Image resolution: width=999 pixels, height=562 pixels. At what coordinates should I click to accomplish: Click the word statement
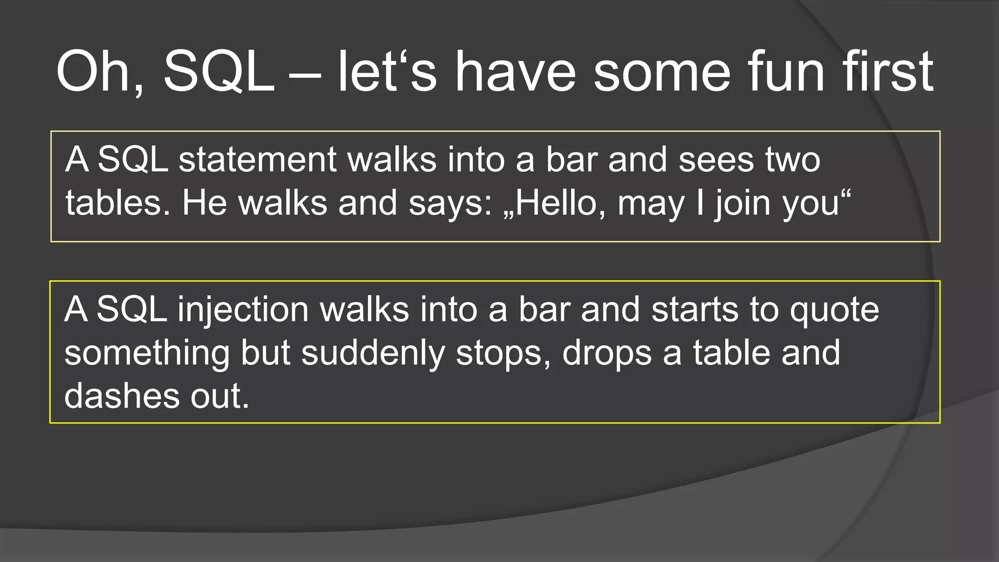point(257,160)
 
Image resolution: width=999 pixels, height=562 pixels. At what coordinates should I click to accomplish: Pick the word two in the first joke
point(793,160)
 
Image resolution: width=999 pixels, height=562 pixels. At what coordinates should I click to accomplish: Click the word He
point(204,203)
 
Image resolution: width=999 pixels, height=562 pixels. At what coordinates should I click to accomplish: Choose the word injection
point(243,309)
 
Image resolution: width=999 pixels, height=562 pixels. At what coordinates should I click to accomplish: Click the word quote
point(834,309)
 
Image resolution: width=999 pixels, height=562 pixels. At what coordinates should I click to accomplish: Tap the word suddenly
point(373,353)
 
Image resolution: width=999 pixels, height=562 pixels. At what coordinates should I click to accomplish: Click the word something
point(147,353)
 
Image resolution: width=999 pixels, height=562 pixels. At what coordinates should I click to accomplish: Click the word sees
point(716,160)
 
